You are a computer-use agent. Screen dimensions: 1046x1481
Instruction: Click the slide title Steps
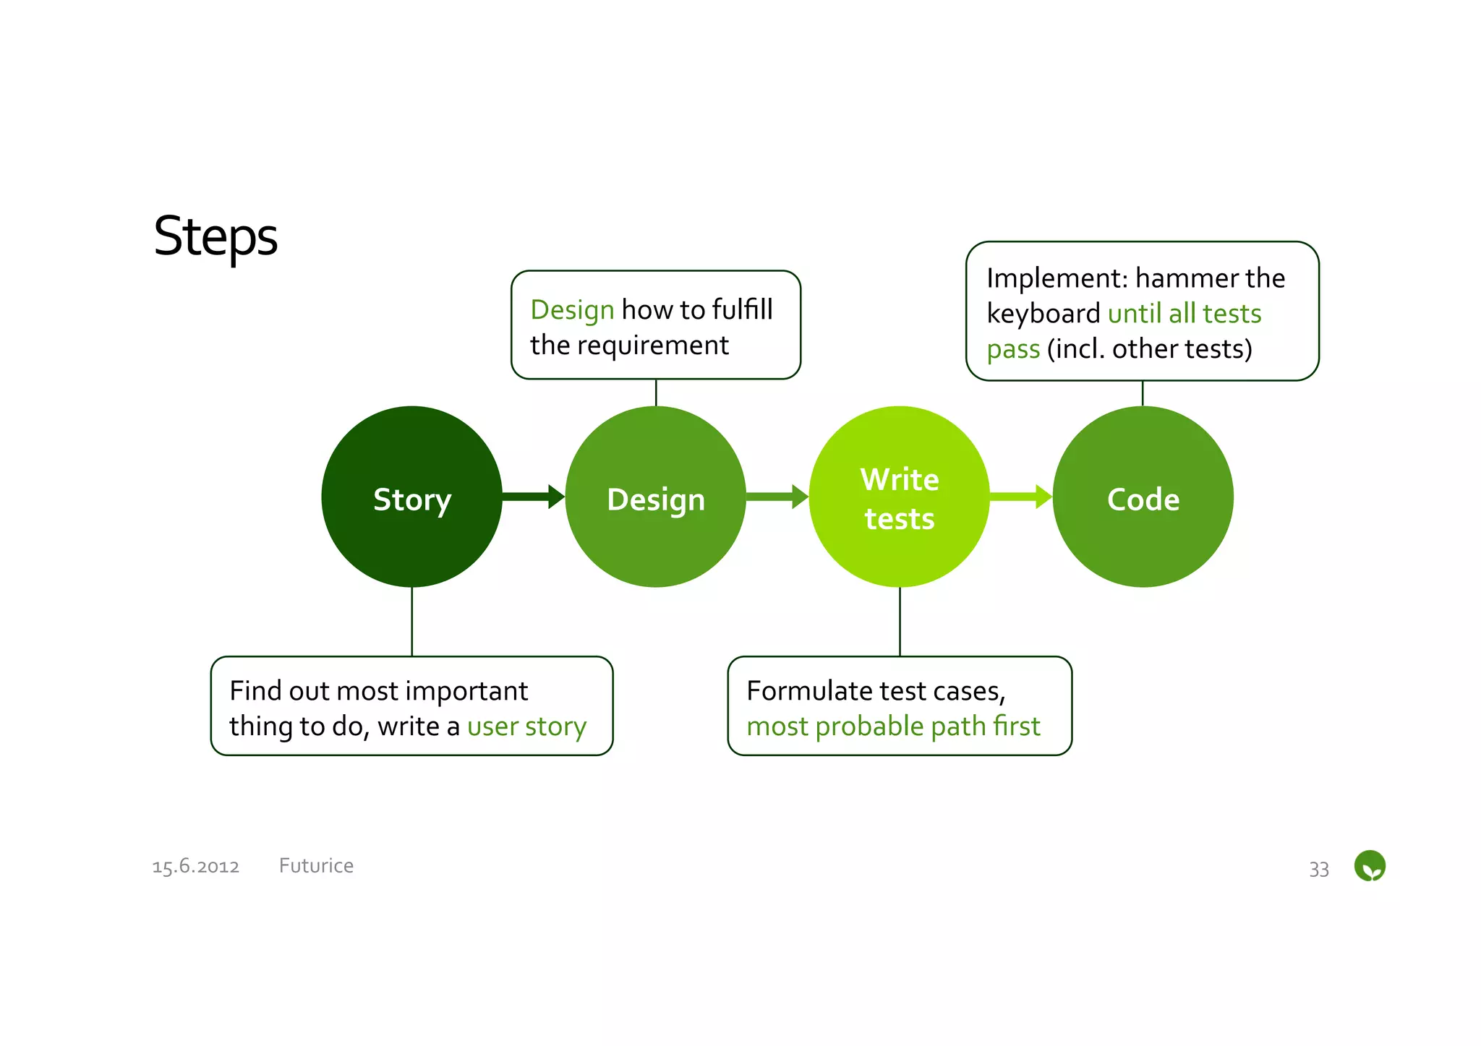(215, 237)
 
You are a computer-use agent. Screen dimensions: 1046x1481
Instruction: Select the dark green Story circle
(411, 497)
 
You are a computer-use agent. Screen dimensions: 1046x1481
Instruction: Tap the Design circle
(655, 497)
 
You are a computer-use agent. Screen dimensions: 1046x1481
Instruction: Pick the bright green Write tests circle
(899, 497)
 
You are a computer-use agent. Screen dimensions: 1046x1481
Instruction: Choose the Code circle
(1143, 497)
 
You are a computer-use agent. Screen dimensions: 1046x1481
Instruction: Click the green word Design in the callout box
(572, 309)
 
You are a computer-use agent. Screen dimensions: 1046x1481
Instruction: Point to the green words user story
(526, 726)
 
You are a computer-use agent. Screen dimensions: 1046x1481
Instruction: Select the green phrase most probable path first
(893, 726)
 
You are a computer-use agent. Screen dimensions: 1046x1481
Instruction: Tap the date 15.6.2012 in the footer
(195, 866)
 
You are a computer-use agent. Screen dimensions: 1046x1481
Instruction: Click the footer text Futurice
(316, 865)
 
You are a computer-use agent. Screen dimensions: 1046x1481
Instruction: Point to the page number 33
(1318, 869)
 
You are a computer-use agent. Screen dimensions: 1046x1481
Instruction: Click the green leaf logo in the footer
(1369, 865)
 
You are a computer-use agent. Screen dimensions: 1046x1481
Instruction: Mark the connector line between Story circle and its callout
(411, 622)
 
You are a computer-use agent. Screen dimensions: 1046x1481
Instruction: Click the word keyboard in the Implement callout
(1043, 314)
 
